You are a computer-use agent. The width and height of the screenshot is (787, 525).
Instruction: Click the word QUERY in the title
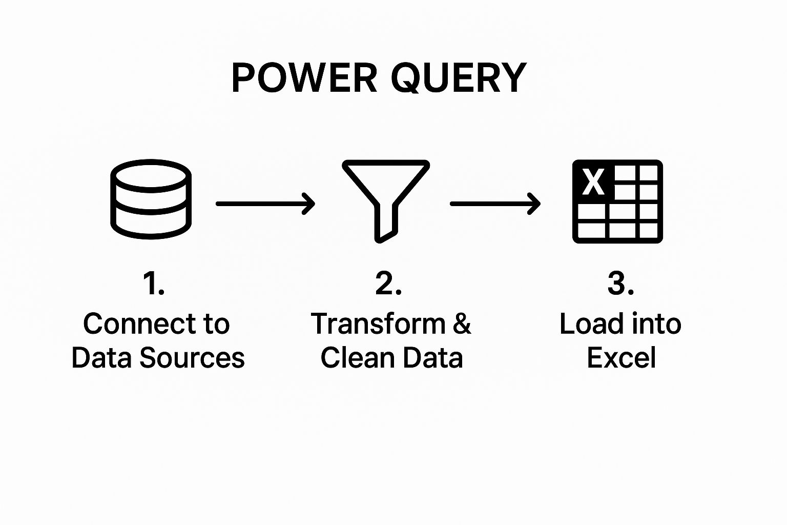click(x=459, y=78)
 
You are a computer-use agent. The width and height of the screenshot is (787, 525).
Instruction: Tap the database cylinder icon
click(x=151, y=199)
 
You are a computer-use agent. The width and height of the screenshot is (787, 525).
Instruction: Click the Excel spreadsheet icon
click(x=617, y=201)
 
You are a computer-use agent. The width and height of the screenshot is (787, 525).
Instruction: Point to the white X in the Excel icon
click(x=593, y=181)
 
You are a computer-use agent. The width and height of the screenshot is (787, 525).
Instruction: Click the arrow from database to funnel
click(x=265, y=204)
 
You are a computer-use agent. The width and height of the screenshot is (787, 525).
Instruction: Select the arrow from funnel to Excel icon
click(x=495, y=204)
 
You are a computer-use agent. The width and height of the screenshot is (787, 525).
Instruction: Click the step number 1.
click(x=153, y=283)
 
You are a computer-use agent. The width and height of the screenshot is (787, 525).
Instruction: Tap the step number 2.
click(x=388, y=283)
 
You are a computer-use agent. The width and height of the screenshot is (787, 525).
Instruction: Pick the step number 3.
click(x=620, y=283)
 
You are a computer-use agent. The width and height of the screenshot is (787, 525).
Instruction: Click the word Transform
click(x=378, y=324)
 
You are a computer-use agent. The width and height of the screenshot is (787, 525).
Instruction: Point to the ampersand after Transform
click(x=462, y=324)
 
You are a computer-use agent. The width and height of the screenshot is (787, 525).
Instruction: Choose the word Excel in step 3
click(x=621, y=358)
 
